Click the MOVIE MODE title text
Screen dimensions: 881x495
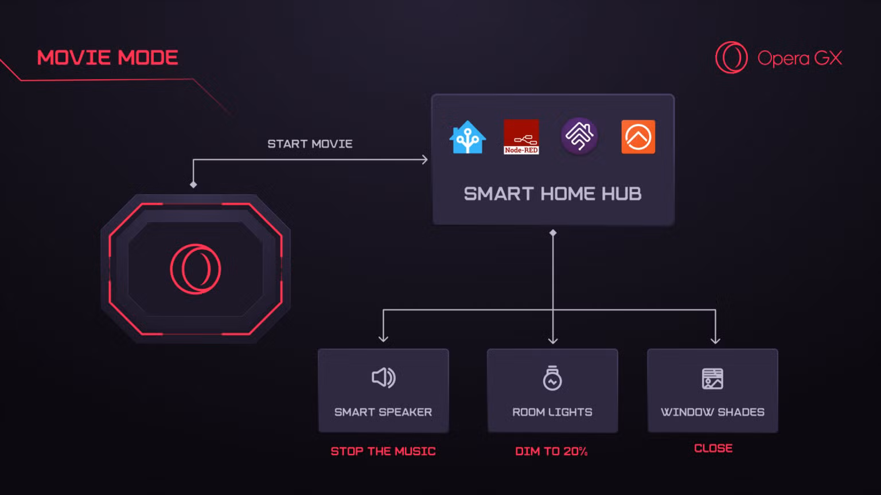(107, 57)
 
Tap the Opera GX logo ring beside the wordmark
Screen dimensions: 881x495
(731, 57)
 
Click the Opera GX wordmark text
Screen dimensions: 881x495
(800, 58)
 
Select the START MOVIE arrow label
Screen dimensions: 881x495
(310, 144)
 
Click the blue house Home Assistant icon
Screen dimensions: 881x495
(467, 137)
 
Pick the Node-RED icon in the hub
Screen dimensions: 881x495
(521, 137)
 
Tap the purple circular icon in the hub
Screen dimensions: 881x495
(579, 136)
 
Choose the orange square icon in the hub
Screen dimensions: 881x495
(638, 137)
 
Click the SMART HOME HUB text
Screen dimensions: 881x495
(552, 194)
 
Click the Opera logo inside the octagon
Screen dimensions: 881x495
(196, 269)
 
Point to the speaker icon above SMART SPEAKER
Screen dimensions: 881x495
(384, 378)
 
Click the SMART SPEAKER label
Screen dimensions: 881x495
(383, 412)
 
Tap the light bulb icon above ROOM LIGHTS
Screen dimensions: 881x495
(552, 378)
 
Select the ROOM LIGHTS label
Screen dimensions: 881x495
(552, 412)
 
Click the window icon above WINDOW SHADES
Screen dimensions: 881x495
(712, 379)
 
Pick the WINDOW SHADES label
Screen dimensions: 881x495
(712, 412)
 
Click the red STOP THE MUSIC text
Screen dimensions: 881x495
(383, 451)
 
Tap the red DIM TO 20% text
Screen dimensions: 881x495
(551, 451)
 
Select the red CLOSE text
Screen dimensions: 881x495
(713, 448)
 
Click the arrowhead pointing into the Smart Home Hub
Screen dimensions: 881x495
(425, 159)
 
